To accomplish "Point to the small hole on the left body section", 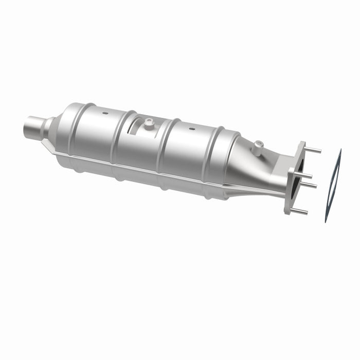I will tap(105, 113).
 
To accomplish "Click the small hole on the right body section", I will tap(192, 129).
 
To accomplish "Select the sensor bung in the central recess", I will tap(149, 123).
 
